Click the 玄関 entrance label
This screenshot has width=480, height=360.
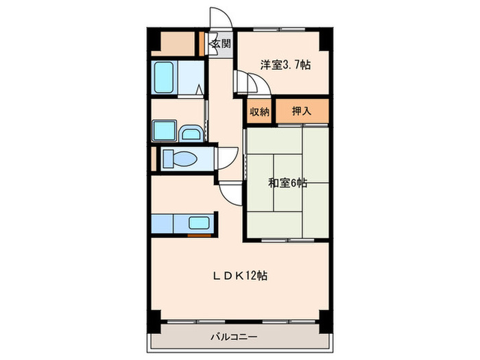(x=220, y=44)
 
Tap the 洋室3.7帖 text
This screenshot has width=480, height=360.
(x=285, y=65)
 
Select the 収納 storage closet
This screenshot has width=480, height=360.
(x=259, y=112)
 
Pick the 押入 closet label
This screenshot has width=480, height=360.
(x=302, y=112)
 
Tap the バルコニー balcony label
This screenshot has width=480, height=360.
(x=234, y=337)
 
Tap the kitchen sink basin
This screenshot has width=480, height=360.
(x=200, y=223)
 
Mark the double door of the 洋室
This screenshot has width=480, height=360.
(x=250, y=84)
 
